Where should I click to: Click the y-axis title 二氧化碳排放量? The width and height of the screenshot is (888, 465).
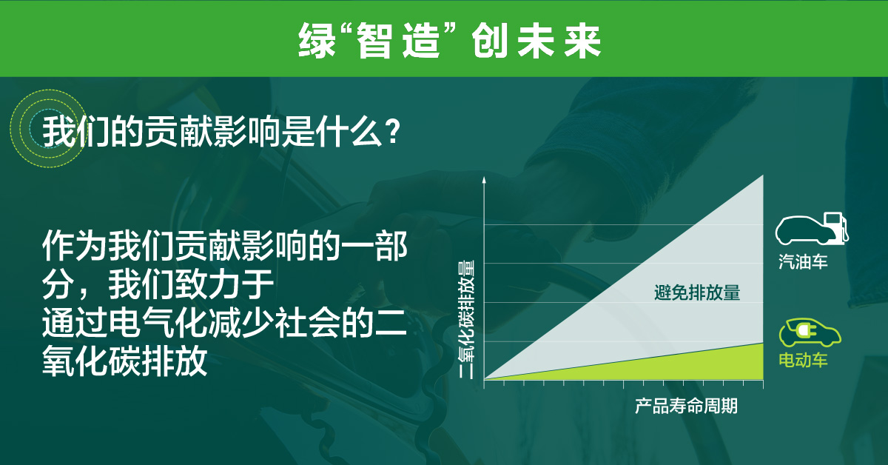point(466,319)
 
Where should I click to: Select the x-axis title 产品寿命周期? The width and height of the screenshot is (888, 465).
point(686,407)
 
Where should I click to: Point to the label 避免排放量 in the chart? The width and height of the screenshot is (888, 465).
point(697,292)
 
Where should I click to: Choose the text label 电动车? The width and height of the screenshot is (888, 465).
point(803,361)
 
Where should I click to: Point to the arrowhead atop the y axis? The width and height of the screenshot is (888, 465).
point(483,181)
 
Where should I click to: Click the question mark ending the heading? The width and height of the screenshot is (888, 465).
point(394,133)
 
